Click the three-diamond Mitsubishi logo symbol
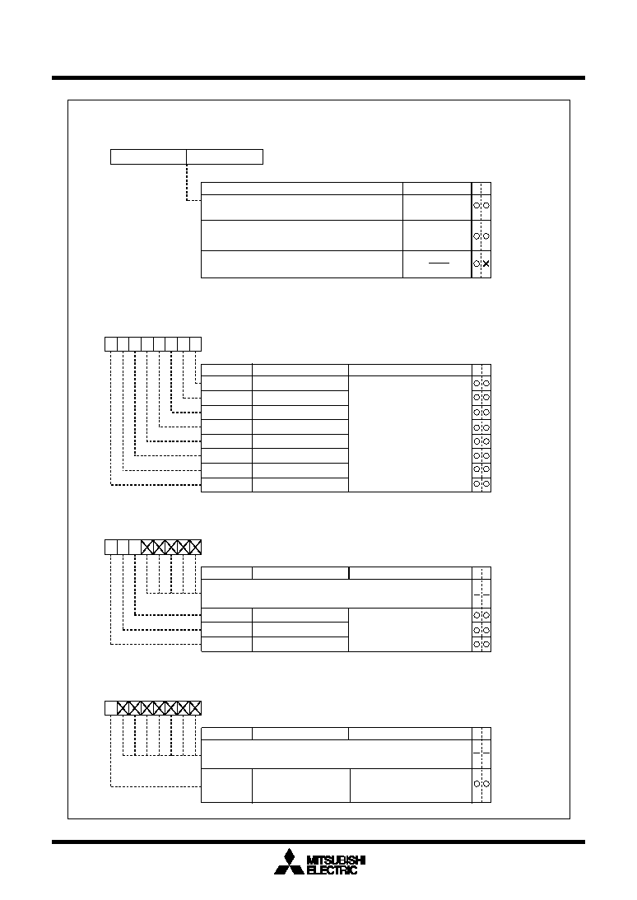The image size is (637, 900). [289, 861]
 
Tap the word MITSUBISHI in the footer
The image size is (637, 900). [337, 860]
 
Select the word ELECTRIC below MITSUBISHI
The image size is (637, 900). [332, 870]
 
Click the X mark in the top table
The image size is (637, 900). [486, 263]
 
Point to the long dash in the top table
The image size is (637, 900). [439, 263]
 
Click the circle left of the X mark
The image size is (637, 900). [477, 263]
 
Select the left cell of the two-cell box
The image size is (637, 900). [149, 156]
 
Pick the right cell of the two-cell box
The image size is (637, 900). [225, 156]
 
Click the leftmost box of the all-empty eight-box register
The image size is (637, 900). [111, 344]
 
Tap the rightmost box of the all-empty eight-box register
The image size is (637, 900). [195, 344]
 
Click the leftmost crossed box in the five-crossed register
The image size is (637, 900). [147, 547]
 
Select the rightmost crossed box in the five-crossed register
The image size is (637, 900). [195, 547]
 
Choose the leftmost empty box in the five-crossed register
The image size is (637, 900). [111, 547]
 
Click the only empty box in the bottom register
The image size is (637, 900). [111, 707]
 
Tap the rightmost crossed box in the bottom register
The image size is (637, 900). [195, 707]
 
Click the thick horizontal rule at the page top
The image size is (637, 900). [318, 77]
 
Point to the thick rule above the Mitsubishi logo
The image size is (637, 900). [318, 842]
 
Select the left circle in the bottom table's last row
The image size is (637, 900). [477, 784]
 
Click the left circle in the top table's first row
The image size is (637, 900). [477, 206]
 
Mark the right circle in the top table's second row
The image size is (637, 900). [486, 235]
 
